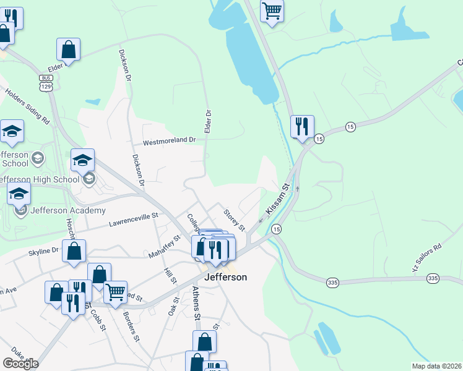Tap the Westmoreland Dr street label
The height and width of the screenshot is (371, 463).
(x=169, y=141)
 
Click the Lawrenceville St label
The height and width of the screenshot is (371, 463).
(x=134, y=220)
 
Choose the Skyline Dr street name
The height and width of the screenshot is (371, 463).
(x=43, y=251)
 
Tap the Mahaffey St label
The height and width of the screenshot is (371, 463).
(x=164, y=247)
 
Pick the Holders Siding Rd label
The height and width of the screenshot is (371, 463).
(x=27, y=106)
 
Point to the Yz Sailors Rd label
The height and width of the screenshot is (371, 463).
(x=427, y=258)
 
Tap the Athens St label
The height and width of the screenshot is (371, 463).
(x=196, y=303)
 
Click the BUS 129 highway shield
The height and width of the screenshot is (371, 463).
(x=45, y=82)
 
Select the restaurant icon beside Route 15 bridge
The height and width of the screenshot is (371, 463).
(x=302, y=127)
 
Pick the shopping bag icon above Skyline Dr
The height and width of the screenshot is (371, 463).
(x=74, y=251)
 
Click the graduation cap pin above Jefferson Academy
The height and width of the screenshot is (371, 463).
(x=19, y=194)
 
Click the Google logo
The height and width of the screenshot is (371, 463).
(x=20, y=364)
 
